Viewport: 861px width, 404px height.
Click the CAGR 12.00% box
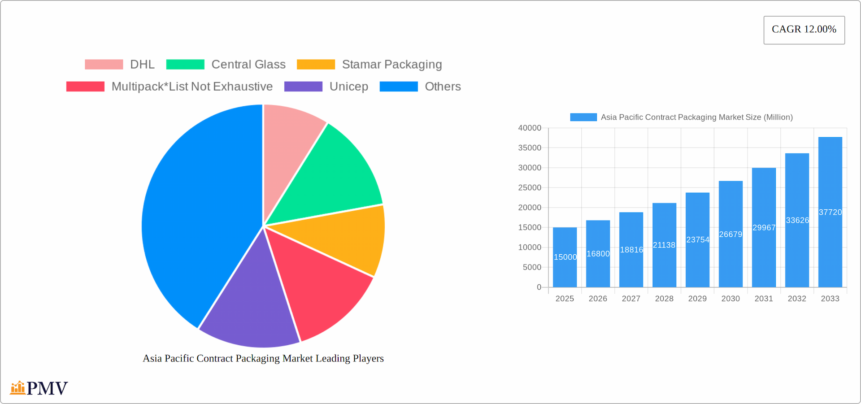point(804,30)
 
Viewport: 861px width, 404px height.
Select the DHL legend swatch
point(104,65)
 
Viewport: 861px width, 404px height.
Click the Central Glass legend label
point(248,65)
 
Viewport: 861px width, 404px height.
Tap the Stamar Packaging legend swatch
point(316,65)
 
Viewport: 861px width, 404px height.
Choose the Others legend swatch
point(399,87)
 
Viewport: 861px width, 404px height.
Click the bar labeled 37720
point(830,179)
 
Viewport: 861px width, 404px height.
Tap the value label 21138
point(664,245)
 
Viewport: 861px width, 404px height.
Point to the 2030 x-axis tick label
point(731,299)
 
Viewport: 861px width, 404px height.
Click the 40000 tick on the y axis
point(530,128)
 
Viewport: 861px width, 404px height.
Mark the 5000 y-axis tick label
point(532,267)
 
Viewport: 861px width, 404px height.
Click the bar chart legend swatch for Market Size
point(583,117)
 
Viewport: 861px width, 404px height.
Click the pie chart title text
point(263,358)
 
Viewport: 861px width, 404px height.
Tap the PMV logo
point(39,388)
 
